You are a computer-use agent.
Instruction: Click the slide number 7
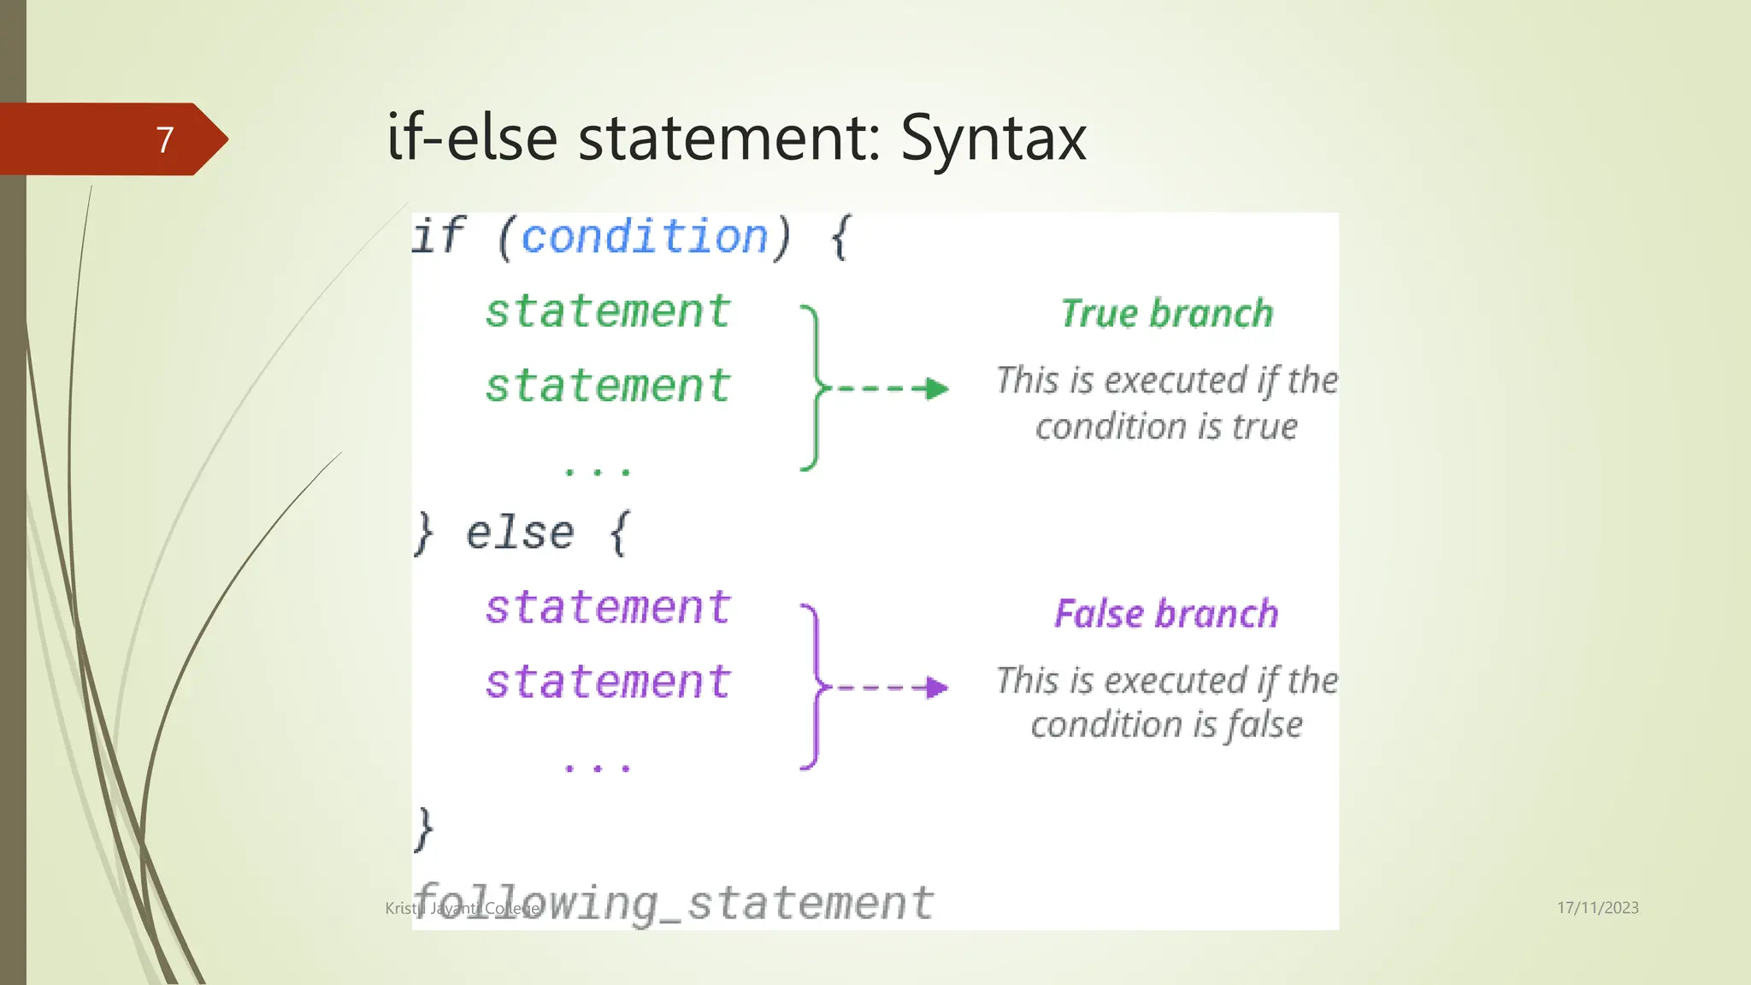point(165,139)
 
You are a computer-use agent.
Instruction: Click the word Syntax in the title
point(993,139)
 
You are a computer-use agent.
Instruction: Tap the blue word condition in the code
point(645,237)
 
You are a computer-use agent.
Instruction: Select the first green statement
point(608,311)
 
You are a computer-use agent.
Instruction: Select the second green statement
point(608,386)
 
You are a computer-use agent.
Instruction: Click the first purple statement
point(608,608)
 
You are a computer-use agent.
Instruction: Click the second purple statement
point(608,682)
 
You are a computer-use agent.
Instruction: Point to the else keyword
point(520,534)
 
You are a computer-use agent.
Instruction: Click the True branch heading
point(1167,314)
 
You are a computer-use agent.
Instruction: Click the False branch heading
point(1166,614)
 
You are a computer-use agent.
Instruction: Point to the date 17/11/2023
point(1597,908)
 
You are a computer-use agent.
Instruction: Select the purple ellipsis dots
point(598,768)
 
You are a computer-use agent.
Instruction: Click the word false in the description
point(1265,725)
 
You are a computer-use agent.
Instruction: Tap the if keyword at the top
point(438,236)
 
